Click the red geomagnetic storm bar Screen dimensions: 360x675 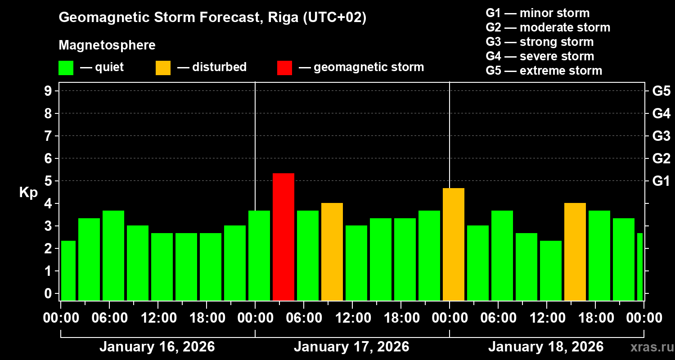(283, 237)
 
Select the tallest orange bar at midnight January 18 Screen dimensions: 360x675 (454, 244)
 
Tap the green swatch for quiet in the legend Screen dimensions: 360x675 (66, 67)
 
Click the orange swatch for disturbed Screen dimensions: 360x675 (163, 67)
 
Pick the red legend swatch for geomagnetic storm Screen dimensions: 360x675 (284, 67)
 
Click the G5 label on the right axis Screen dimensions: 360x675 (661, 91)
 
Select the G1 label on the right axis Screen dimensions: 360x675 (661, 181)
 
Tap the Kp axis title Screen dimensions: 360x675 (28, 193)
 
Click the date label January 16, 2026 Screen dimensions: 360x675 (157, 347)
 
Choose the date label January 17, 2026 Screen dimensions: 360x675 (351, 347)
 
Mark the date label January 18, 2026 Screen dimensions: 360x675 (546, 347)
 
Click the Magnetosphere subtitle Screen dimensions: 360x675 (107, 45)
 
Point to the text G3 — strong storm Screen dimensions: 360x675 (540, 42)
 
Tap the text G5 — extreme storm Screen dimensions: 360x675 (544, 71)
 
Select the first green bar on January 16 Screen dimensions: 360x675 (68, 270)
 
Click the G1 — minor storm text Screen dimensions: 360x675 (537, 13)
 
